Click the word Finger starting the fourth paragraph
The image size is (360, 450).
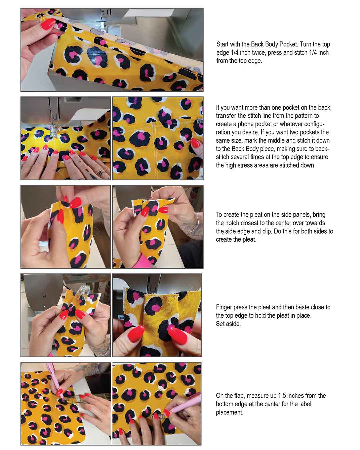pos(224,307)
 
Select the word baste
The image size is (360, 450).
pos(295,307)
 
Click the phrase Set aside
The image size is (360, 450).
pos(228,324)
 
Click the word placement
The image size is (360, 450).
pos(229,412)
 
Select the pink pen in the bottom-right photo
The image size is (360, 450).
pos(184,403)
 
